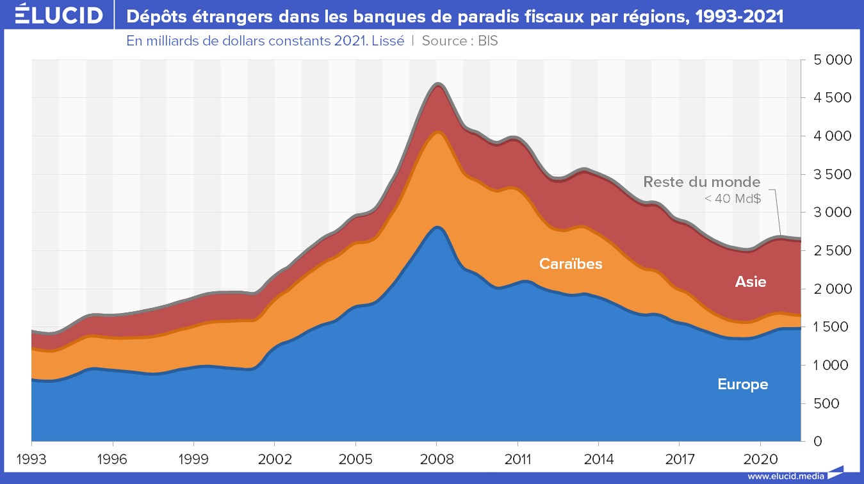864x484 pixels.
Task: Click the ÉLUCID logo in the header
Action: click(x=58, y=15)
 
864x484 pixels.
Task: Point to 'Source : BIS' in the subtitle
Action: click(x=459, y=40)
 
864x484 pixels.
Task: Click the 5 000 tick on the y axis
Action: click(x=829, y=60)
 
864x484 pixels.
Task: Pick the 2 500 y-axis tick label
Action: click(x=829, y=251)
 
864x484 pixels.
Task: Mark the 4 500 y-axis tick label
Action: click(x=829, y=98)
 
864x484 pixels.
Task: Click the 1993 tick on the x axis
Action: click(x=31, y=460)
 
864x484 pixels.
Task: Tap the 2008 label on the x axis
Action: click(x=436, y=460)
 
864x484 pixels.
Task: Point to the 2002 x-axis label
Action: click(x=274, y=460)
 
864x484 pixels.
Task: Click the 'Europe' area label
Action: click(x=742, y=385)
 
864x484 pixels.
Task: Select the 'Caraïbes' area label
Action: click(x=571, y=264)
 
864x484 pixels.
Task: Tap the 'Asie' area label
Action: click(x=751, y=282)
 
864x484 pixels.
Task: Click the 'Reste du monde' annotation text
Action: click(x=702, y=182)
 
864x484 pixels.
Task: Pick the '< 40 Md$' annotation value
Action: click(x=733, y=199)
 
